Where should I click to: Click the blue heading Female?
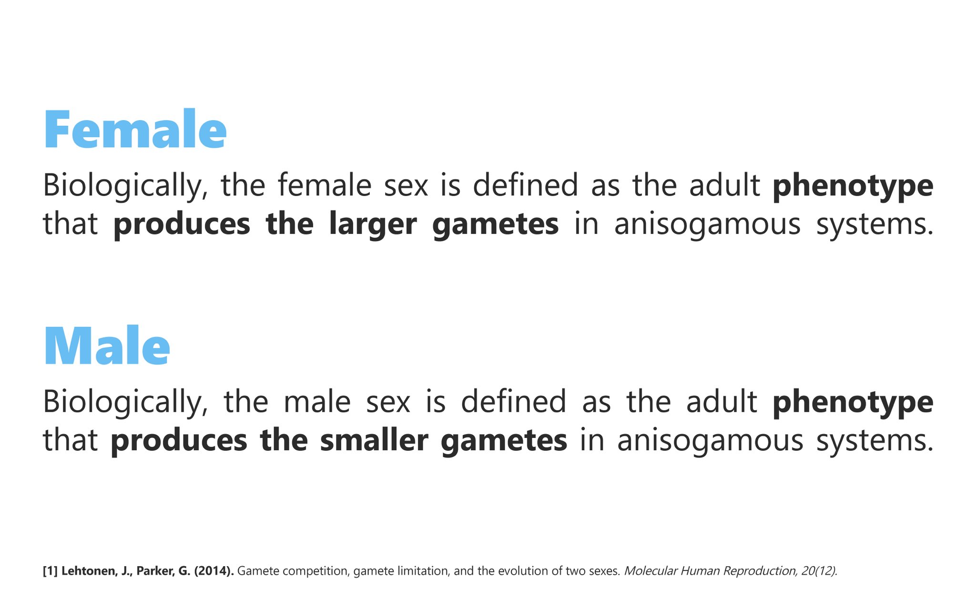coord(135,130)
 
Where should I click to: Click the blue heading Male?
coord(107,346)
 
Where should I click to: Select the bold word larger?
coord(373,224)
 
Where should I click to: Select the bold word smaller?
coord(374,440)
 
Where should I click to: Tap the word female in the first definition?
coord(325,185)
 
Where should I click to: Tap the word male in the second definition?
coord(317,401)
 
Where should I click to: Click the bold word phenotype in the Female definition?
coord(853,186)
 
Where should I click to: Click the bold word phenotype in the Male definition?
coord(853,402)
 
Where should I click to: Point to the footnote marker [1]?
coord(50,571)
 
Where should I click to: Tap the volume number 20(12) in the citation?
coord(819,571)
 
